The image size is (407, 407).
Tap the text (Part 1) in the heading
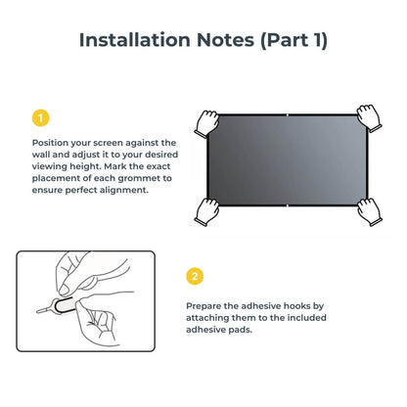point(292,40)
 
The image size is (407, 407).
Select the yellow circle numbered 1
point(40,119)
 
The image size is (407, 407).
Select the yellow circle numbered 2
point(195,276)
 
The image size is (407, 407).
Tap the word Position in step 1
point(51,143)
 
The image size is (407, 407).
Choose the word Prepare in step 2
point(205,306)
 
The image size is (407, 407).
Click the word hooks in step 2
point(311,306)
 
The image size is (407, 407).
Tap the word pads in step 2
point(241,332)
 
